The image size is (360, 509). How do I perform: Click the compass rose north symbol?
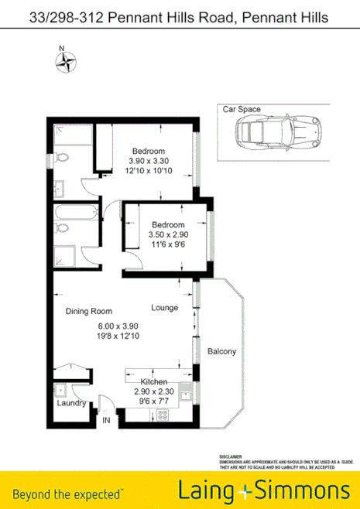pos(67,61)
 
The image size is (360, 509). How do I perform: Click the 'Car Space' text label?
pos(242,110)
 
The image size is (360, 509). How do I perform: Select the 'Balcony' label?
pos(222,352)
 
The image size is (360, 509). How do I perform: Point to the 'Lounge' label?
pos(165,308)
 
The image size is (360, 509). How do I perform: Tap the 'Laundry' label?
pos(70,403)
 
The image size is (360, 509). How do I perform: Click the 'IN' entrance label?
pos(107,421)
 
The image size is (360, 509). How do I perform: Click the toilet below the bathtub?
pos(63,228)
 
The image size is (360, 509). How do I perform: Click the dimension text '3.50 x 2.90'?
pos(168,234)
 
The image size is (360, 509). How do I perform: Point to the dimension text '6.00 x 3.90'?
pos(117,326)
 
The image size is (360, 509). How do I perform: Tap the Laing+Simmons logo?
pos(263,490)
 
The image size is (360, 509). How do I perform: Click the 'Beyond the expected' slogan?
pos(68,493)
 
